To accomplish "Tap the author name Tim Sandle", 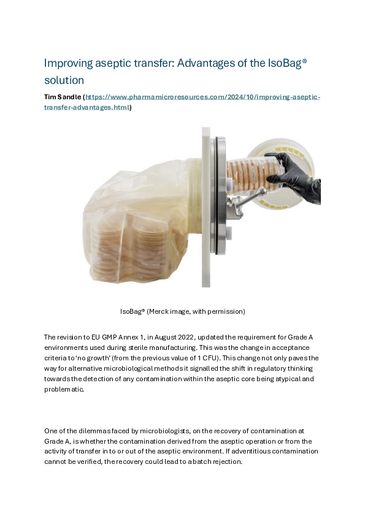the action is point(62,97).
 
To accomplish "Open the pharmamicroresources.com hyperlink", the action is point(202,97).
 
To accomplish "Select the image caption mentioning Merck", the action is point(182,311).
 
